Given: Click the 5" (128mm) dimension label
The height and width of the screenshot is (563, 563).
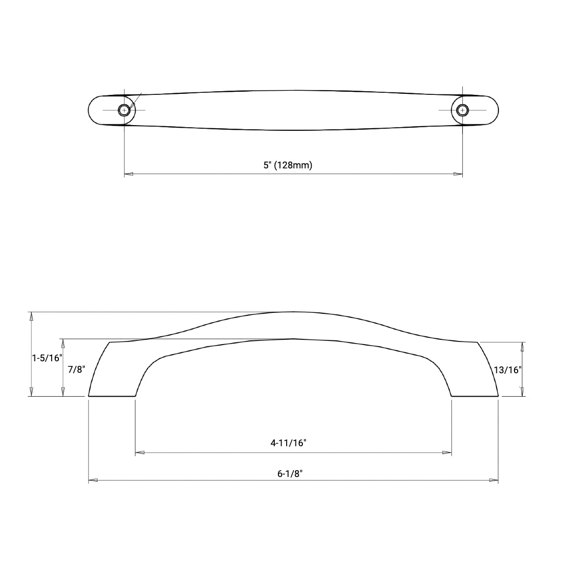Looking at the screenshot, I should (x=288, y=165).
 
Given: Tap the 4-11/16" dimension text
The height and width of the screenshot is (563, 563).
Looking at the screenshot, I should (x=288, y=443).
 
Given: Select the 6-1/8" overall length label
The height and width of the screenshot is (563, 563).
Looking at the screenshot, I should (x=290, y=474).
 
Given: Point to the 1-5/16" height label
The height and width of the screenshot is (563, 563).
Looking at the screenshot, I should (x=47, y=358).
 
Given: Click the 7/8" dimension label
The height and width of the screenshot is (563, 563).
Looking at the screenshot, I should (x=76, y=370).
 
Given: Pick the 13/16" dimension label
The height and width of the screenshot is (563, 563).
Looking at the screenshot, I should (x=507, y=370).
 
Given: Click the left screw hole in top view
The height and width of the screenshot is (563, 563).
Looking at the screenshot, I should (x=124, y=110).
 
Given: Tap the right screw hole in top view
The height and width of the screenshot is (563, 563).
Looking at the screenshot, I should (x=462, y=110).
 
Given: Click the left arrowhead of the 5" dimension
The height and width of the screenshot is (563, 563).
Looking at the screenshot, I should (x=128, y=174).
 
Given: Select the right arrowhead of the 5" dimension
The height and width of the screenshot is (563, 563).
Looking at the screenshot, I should (x=458, y=174).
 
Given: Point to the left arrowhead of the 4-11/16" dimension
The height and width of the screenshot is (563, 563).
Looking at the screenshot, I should (x=139, y=452).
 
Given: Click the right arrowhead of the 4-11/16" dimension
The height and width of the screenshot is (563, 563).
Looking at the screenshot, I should (x=447, y=452).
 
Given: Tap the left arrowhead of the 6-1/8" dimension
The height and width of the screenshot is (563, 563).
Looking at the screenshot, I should (x=93, y=480).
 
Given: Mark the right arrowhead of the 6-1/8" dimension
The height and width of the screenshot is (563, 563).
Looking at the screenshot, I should (x=494, y=480).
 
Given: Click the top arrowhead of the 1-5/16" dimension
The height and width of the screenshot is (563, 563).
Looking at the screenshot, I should (x=32, y=316).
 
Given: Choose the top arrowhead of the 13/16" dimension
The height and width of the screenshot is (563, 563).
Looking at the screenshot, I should (x=522, y=346).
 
